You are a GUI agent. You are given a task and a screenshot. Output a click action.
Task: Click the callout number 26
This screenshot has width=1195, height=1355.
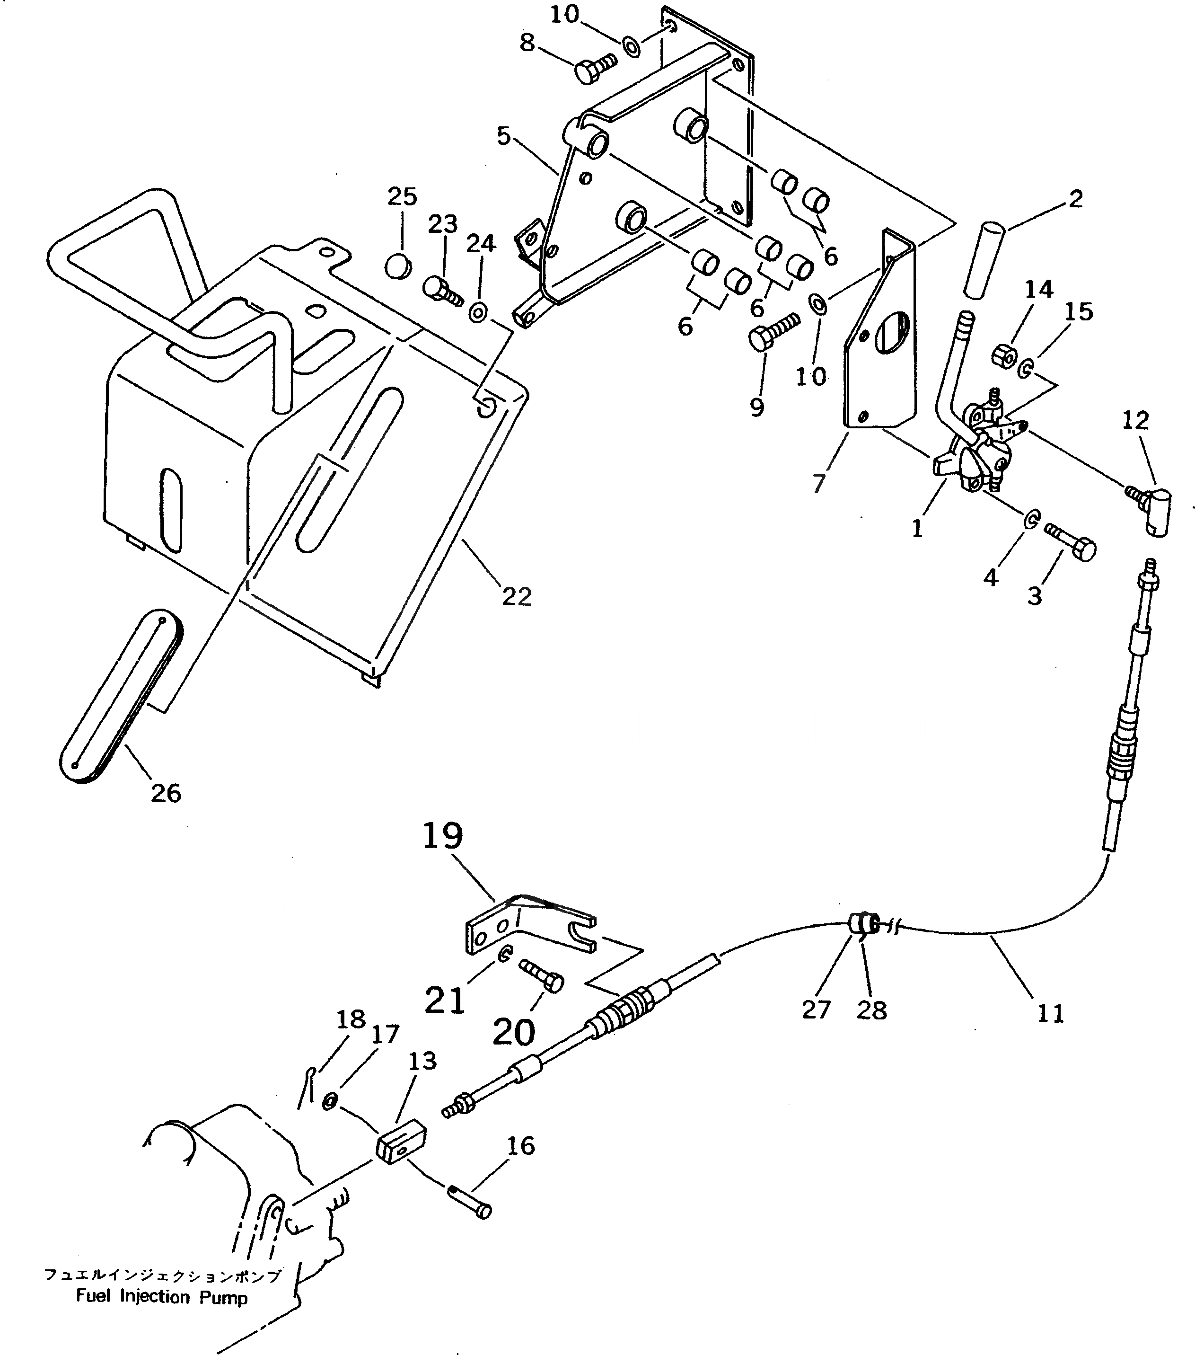point(166,792)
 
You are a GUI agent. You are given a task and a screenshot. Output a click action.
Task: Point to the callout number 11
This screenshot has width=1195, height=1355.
point(1051,1013)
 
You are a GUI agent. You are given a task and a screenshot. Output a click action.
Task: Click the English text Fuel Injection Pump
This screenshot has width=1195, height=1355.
point(162,1296)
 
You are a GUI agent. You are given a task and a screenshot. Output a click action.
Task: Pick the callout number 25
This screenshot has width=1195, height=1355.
point(402,196)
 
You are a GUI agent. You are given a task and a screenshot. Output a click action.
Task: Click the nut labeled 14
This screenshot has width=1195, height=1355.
point(1005,356)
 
